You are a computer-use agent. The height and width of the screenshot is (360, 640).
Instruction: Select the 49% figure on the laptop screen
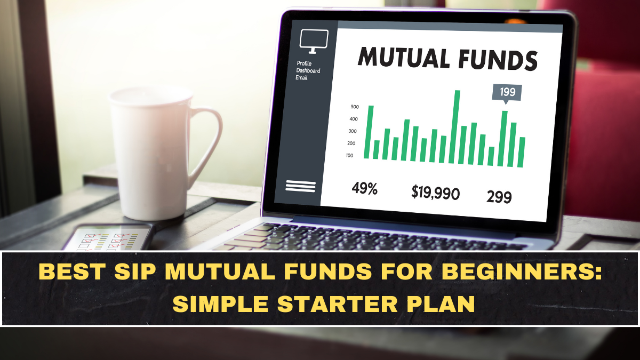pyautogui.click(x=364, y=188)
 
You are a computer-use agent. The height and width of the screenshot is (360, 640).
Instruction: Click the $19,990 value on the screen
pyautogui.click(x=435, y=193)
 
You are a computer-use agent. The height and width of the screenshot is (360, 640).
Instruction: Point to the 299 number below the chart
pyautogui.click(x=499, y=197)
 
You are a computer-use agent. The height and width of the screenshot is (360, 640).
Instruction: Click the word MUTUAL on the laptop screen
pyautogui.click(x=404, y=57)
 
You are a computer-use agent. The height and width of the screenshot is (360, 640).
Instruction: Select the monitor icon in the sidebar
pyautogui.click(x=314, y=41)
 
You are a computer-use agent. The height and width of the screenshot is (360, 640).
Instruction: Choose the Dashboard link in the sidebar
pyautogui.click(x=308, y=70)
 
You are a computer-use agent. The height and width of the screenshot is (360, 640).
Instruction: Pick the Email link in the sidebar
pyautogui.click(x=301, y=77)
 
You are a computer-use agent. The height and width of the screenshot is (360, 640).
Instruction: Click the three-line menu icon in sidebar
pyautogui.click(x=301, y=186)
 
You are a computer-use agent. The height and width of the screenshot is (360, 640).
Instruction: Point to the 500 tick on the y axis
pyautogui.click(x=355, y=107)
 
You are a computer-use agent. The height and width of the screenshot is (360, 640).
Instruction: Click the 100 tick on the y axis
pyautogui.click(x=349, y=156)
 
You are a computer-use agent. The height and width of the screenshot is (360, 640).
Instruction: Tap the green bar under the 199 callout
pyautogui.click(x=503, y=139)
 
